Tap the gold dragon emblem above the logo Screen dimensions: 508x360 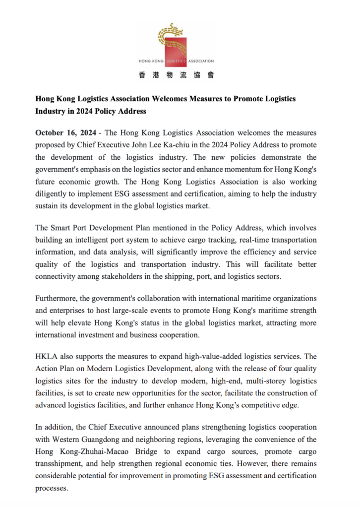click(170, 34)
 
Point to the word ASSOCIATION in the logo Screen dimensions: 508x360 click(200, 61)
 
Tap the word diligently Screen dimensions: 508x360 click(54, 193)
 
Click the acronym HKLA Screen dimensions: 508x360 click(47, 357)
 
